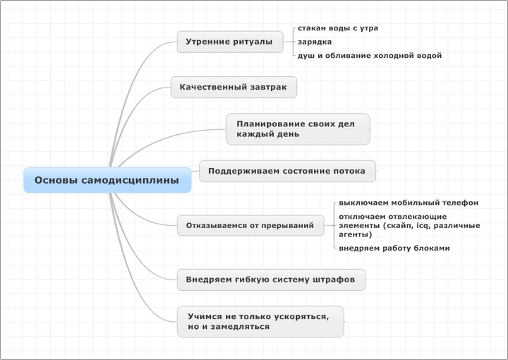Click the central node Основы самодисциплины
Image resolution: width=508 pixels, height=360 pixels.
coord(107,180)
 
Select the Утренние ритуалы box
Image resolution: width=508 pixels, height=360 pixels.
coord(230,42)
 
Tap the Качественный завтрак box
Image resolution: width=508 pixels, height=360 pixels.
coord(234,87)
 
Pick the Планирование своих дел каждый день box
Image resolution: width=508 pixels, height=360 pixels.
coord(298,129)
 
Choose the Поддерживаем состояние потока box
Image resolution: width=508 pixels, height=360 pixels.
coord(287,171)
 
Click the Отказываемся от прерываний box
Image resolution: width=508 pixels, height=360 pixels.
coord(250,225)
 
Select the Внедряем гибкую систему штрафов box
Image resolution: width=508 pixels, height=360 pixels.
coord(271,280)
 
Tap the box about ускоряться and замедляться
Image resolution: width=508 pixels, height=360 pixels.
coord(260,321)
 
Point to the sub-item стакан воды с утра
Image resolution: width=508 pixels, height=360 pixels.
coord(338,28)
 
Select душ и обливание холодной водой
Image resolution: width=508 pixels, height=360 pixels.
coord(370,55)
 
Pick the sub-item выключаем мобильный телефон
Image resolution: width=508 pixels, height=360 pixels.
coord(409,203)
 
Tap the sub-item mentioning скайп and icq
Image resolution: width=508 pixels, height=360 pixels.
coord(409,225)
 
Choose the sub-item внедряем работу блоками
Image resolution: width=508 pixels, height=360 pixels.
coord(394,248)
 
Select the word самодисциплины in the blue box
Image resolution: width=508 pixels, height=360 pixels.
coord(130,181)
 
